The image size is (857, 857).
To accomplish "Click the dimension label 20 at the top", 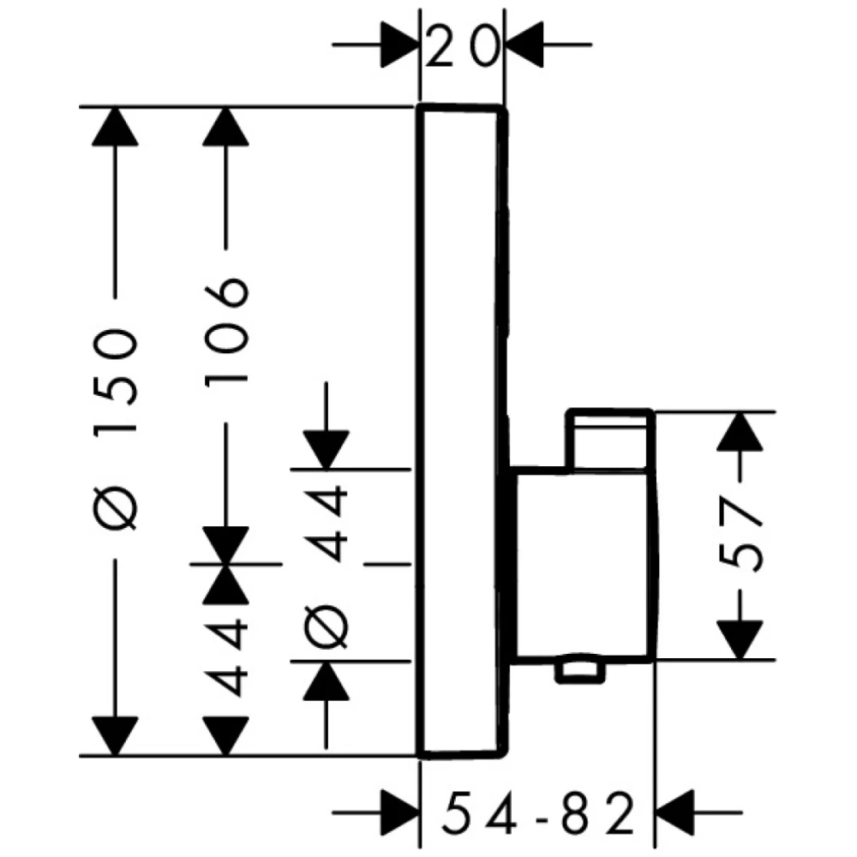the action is [x=463, y=47].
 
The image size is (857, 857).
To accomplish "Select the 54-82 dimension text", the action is [x=538, y=812].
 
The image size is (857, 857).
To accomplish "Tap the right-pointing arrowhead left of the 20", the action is [x=399, y=45].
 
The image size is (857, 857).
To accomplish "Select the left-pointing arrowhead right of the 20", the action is [x=524, y=45].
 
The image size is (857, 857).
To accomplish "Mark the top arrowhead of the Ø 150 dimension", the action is [x=115, y=126].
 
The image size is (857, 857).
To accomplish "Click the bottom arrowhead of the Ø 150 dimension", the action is [x=115, y=737].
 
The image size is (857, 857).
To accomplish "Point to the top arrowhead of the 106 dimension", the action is [x=225, y=126].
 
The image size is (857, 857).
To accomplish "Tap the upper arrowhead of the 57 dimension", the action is [x=740, y=431].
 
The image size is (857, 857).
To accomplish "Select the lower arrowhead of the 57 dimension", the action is [x=740, y=640].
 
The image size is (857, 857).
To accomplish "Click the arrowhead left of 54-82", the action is [x=399, y=812].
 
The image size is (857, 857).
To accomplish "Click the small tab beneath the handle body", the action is [x=580, y=672].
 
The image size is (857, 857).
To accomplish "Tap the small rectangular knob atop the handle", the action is [x=610, y=439].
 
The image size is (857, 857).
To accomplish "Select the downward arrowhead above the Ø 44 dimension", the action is [x=327, y=450].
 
